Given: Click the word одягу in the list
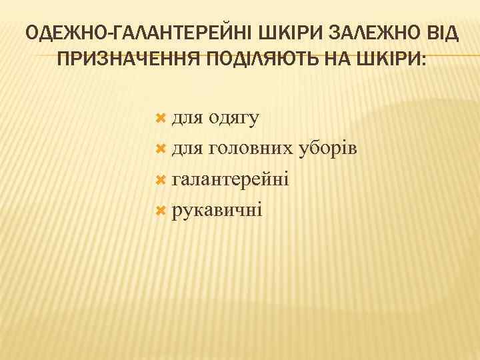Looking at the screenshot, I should coord(233,119).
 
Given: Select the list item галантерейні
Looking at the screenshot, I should coord(230,180).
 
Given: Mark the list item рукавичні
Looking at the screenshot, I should coord(217,211).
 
